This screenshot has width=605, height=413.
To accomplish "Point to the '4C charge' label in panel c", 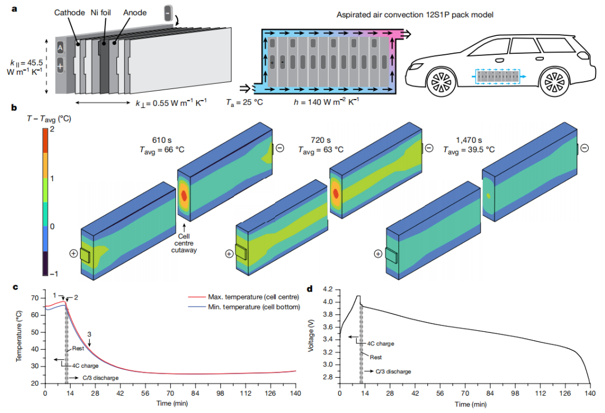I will click(84, 366).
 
